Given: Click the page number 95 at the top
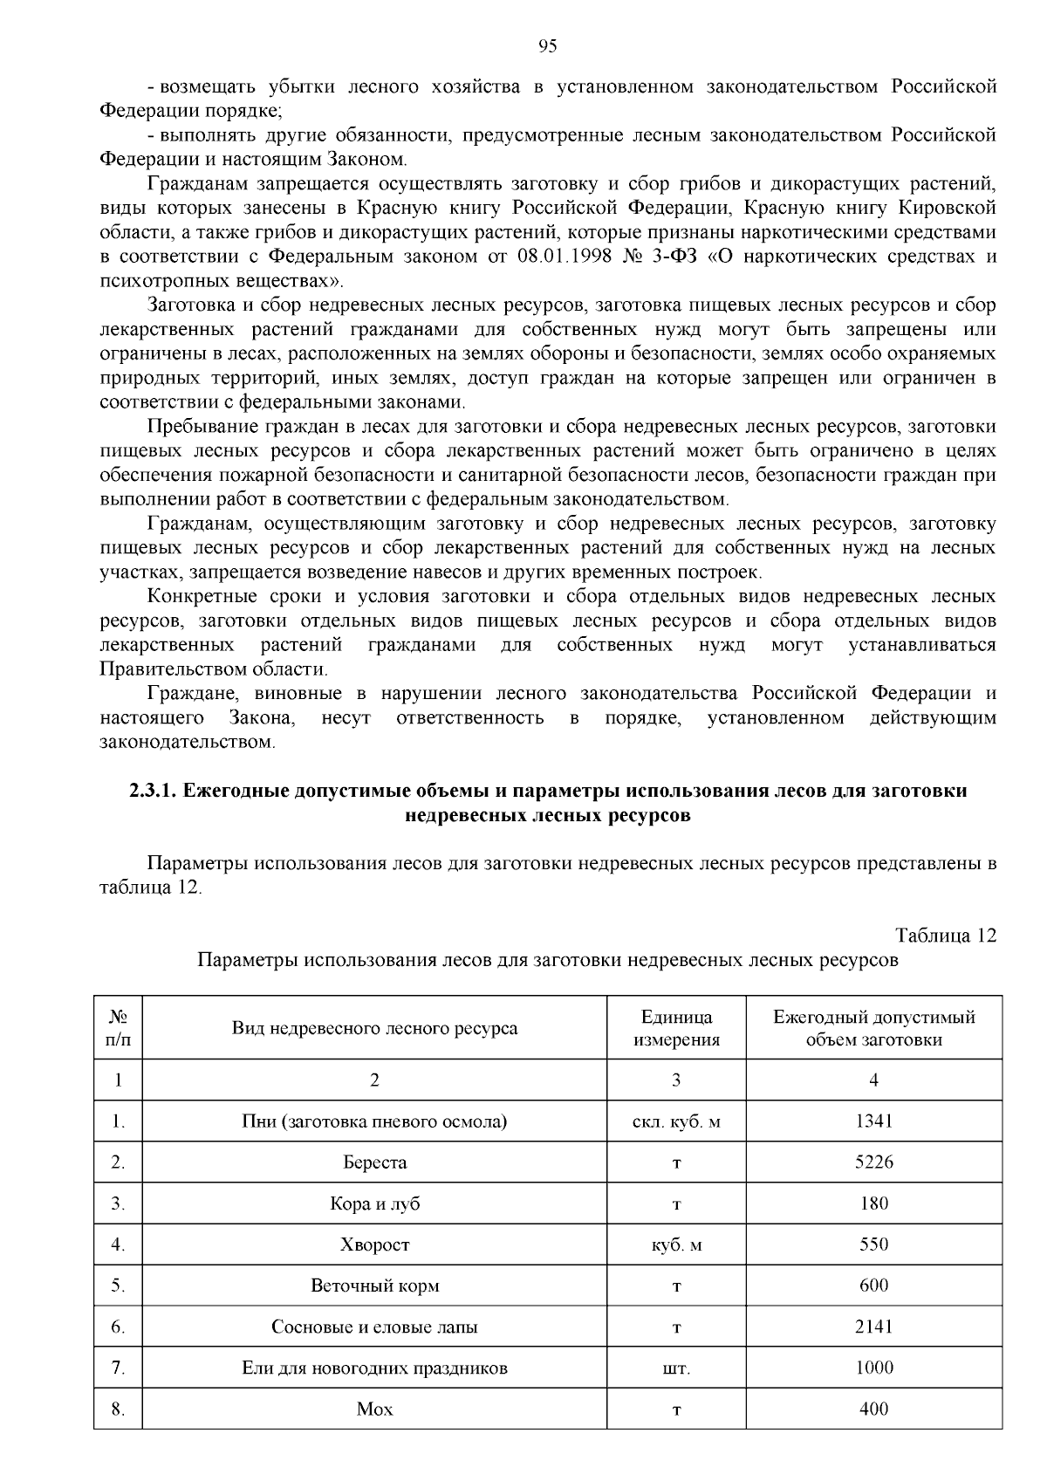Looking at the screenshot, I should [548, 46].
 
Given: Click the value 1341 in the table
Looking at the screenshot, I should [873, 1121].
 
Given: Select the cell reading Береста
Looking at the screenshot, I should [374, 1162].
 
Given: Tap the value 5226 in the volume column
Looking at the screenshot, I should [873, 1162].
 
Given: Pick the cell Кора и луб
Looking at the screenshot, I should [374, 1203].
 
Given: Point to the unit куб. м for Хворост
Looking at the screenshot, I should [676, 1245].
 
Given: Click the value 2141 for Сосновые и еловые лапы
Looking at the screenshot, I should [873, 1327].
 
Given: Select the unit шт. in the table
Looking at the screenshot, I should [676, 1368].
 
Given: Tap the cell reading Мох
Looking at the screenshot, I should [374, 1409].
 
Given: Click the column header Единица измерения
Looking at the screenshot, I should [676, 1028].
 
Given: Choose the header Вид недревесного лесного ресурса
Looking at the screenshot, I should [374, 1028].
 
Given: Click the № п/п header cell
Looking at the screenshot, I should [118, 1028].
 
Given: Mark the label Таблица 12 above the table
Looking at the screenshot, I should [946, 936].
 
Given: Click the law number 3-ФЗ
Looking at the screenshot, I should [689, 257].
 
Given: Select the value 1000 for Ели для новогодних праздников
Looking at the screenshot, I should [873, 1368].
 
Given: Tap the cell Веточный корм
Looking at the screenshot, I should [374, 1286].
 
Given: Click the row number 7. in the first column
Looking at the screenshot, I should [118, 1368].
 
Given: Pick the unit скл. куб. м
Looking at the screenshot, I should [676, 1121].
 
